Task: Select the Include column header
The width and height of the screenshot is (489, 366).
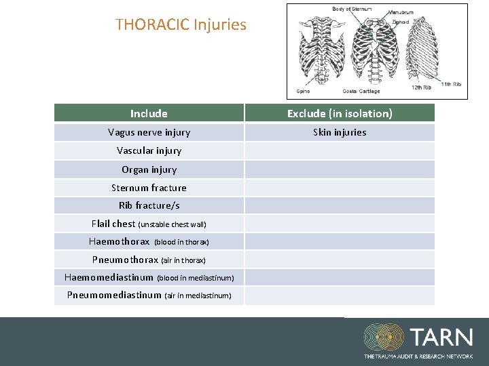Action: [x=149, y=113]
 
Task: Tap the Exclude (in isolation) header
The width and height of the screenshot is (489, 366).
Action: [x=340, y=113]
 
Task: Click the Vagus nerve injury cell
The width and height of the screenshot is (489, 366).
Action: [x=149, y=132]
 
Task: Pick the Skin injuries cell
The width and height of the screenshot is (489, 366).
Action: [x=340, y=132]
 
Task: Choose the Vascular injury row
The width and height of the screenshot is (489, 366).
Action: [x=149, y=150]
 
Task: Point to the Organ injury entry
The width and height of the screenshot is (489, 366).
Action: [x=149, y=169]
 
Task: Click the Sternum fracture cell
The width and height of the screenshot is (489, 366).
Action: [x=149, y=188]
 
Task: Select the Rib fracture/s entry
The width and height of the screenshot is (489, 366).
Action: [x=149, y=205]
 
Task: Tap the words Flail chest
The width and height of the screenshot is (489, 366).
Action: [x=113, y=224]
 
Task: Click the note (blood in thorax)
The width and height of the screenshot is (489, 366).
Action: [x=181, y=242]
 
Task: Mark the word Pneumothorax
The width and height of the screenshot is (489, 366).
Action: [x=125, y=260]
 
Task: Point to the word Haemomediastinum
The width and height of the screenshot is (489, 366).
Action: [x=109, y=277]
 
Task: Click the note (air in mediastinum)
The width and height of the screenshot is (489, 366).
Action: [x=198, y=296]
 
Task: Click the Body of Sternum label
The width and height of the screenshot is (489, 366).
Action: [x=350, y=9]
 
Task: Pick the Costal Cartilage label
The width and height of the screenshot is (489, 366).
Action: [x=361, y=91]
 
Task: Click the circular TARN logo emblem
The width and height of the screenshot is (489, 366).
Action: [x=384, y=337]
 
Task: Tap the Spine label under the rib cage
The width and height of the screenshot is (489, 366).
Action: [x=303, y=91]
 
